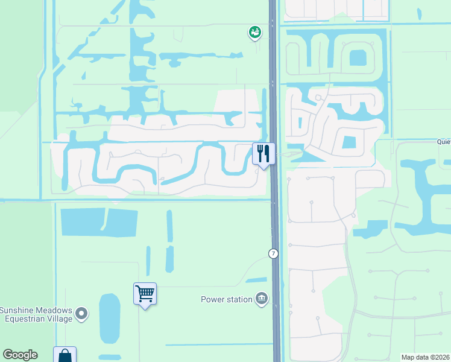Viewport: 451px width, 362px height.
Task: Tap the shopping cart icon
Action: [145, 294]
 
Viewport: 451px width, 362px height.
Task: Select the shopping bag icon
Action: [65, 355]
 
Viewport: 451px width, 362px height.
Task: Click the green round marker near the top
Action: [255, 33]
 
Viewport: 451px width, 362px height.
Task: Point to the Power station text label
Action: [226, 299]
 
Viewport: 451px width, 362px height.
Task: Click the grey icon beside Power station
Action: [261, 299]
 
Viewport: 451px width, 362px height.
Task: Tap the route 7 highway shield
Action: [274, 254]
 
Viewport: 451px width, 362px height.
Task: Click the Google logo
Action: [20, 355]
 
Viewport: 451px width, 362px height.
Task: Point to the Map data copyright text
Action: [426, 357]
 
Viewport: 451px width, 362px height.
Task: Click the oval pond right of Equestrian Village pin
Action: [109, 318]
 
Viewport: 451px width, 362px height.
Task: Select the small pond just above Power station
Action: [257, 281]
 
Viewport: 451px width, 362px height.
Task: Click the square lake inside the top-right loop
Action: [358, 58]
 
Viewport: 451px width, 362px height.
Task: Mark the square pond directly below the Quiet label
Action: [349, 143]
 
